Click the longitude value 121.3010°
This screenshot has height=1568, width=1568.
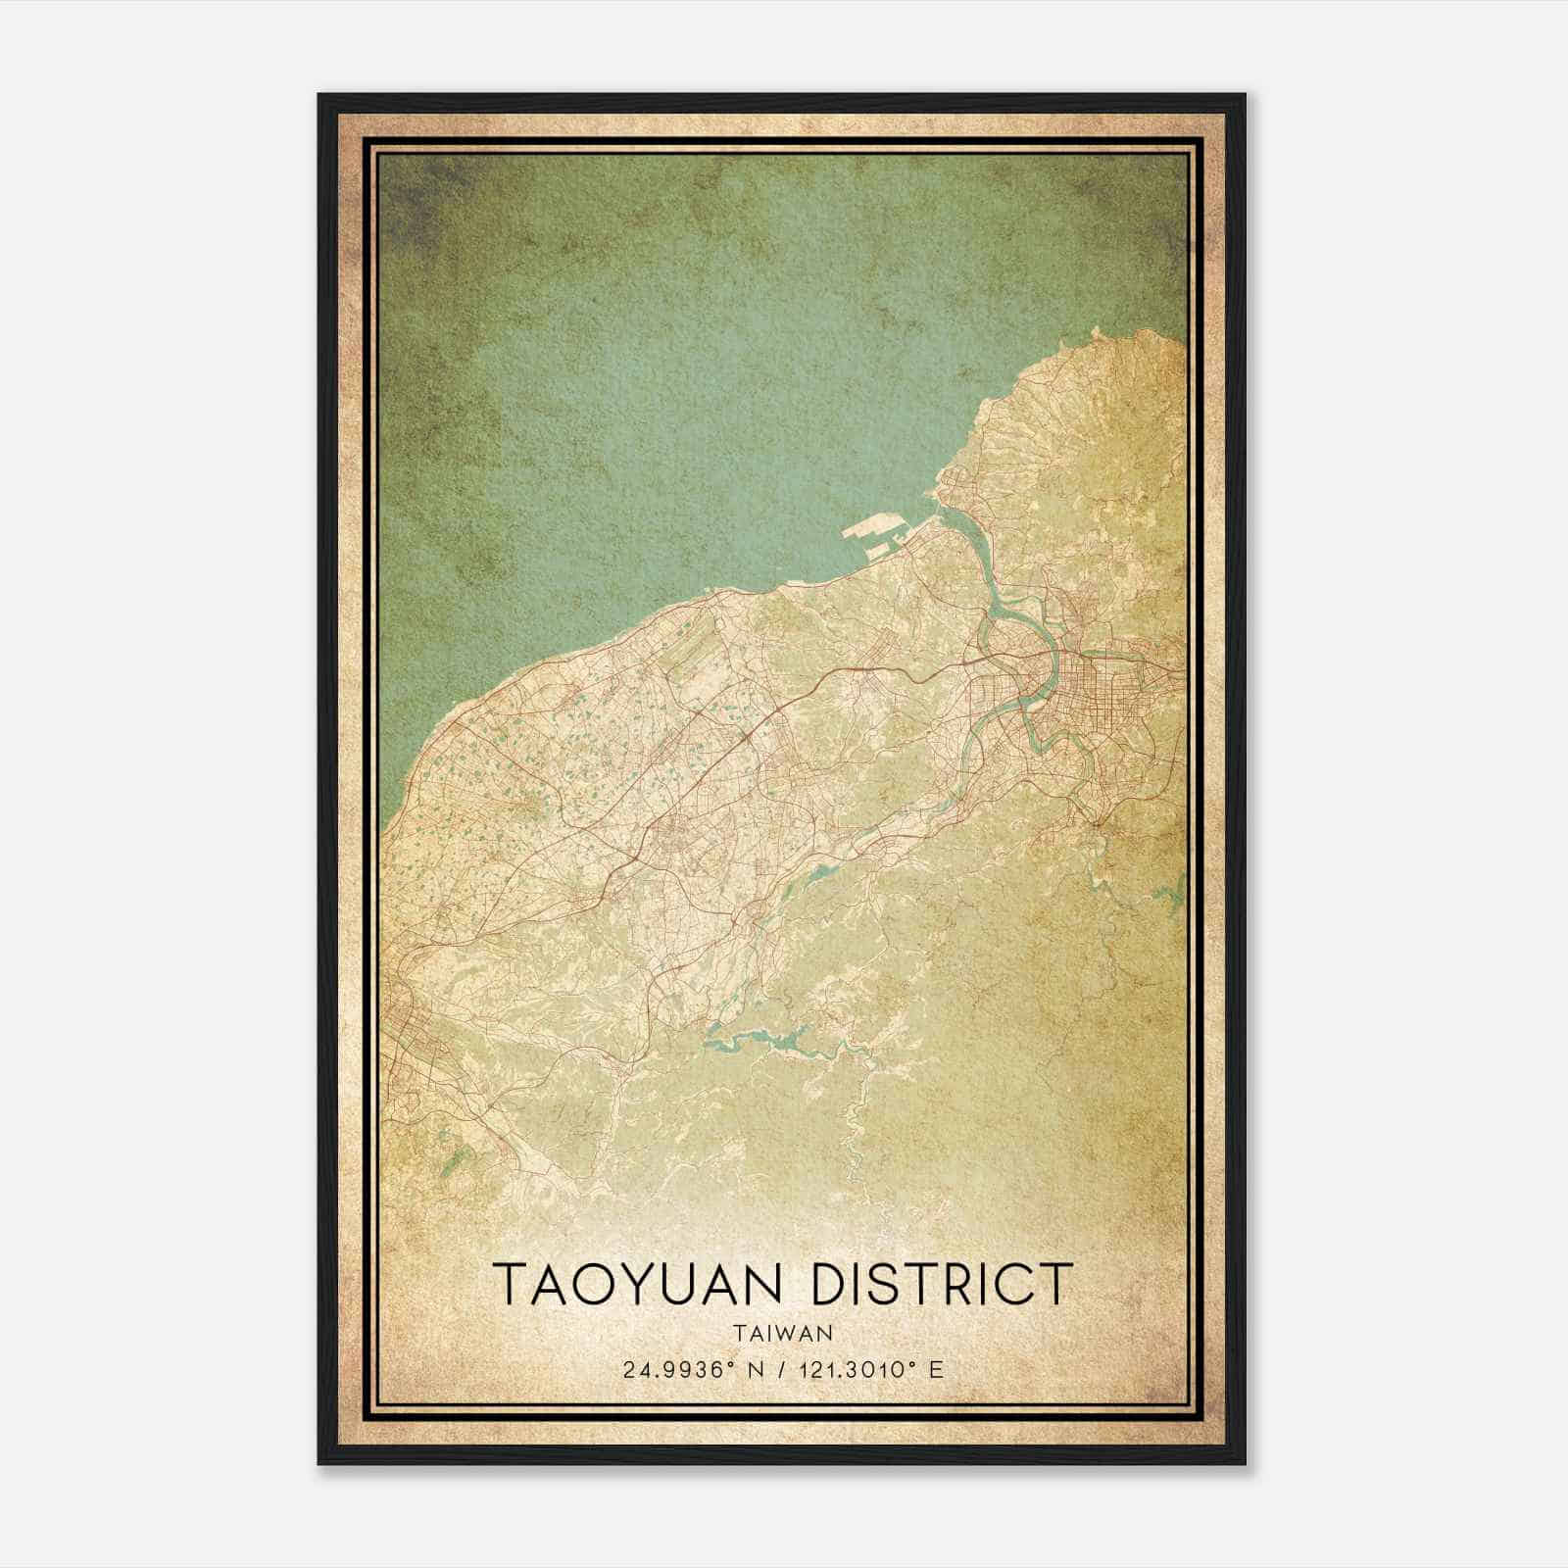pos(848,1369)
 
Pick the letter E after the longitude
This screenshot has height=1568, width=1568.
pos(937,1369)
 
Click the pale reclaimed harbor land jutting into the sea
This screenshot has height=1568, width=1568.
pos(875,535)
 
